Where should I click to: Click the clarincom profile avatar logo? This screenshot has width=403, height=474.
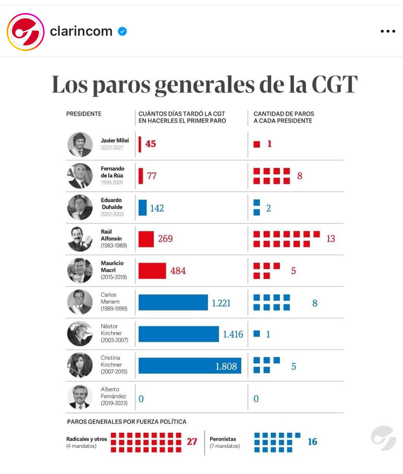(26, 32)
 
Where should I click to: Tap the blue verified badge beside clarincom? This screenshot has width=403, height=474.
(122, 32)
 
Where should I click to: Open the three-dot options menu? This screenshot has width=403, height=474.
(388, 32)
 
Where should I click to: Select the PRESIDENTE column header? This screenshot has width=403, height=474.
(84, 114)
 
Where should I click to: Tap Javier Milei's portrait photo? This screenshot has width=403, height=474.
(80, 144)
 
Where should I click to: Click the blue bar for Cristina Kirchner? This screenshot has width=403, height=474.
(190, 366)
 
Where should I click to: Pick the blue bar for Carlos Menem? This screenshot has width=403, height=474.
(173, 303)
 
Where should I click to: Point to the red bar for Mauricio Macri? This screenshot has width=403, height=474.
(152, 271)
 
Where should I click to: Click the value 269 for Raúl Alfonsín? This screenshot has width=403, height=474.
(165, 239)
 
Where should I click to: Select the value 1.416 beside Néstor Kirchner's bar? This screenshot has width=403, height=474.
(233, 335)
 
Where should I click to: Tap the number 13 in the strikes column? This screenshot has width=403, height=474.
(330, 239)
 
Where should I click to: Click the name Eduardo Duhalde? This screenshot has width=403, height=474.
(111, 203)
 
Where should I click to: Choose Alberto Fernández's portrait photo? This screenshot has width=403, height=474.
(80, 397)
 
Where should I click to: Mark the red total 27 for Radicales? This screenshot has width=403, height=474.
(192, 442)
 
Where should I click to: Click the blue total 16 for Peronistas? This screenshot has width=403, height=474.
(312, 442)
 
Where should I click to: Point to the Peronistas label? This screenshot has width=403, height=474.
(223, 439)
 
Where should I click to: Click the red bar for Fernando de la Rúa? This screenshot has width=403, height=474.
(141, 176)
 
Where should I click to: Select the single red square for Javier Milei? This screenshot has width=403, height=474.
(257, 145)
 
